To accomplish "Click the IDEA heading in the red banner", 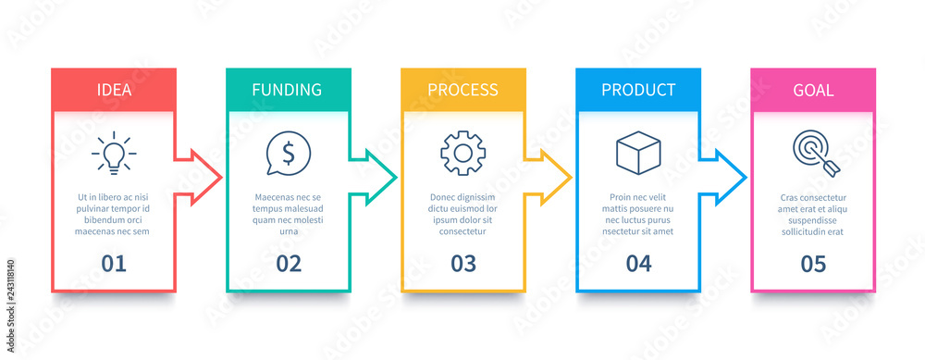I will (114, 91).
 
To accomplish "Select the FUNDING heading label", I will (287, 91).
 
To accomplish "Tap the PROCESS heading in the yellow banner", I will (462, 91).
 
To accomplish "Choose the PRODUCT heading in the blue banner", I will (638, 91).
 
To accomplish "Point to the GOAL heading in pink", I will (813, 91).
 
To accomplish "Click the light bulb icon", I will (114, 154).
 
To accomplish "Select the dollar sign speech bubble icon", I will (288, 154).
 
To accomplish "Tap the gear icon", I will (462, 154).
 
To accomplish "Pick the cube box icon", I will (638, 153).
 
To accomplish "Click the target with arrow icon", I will (813, 154).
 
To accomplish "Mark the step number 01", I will (114, 264).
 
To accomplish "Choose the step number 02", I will (289, 264).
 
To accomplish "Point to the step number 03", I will (463, 264).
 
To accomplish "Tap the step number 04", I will (638, 264).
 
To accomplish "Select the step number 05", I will (813, 264).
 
